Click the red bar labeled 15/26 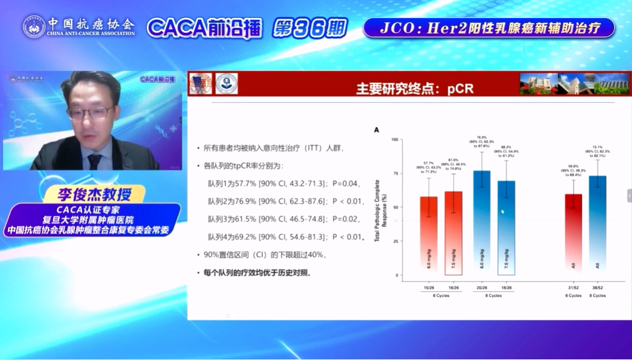coord(428,236)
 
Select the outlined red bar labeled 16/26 coord(453,234)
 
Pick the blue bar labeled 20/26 coord(482,223)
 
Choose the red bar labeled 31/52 coord(573,235)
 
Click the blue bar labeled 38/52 coord(597,226)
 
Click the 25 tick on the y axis coord(395,242)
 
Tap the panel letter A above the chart coord(377,130)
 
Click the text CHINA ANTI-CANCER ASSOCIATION coord(91,33)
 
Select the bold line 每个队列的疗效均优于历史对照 coord(256,273)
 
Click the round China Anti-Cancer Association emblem coord(34,26)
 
